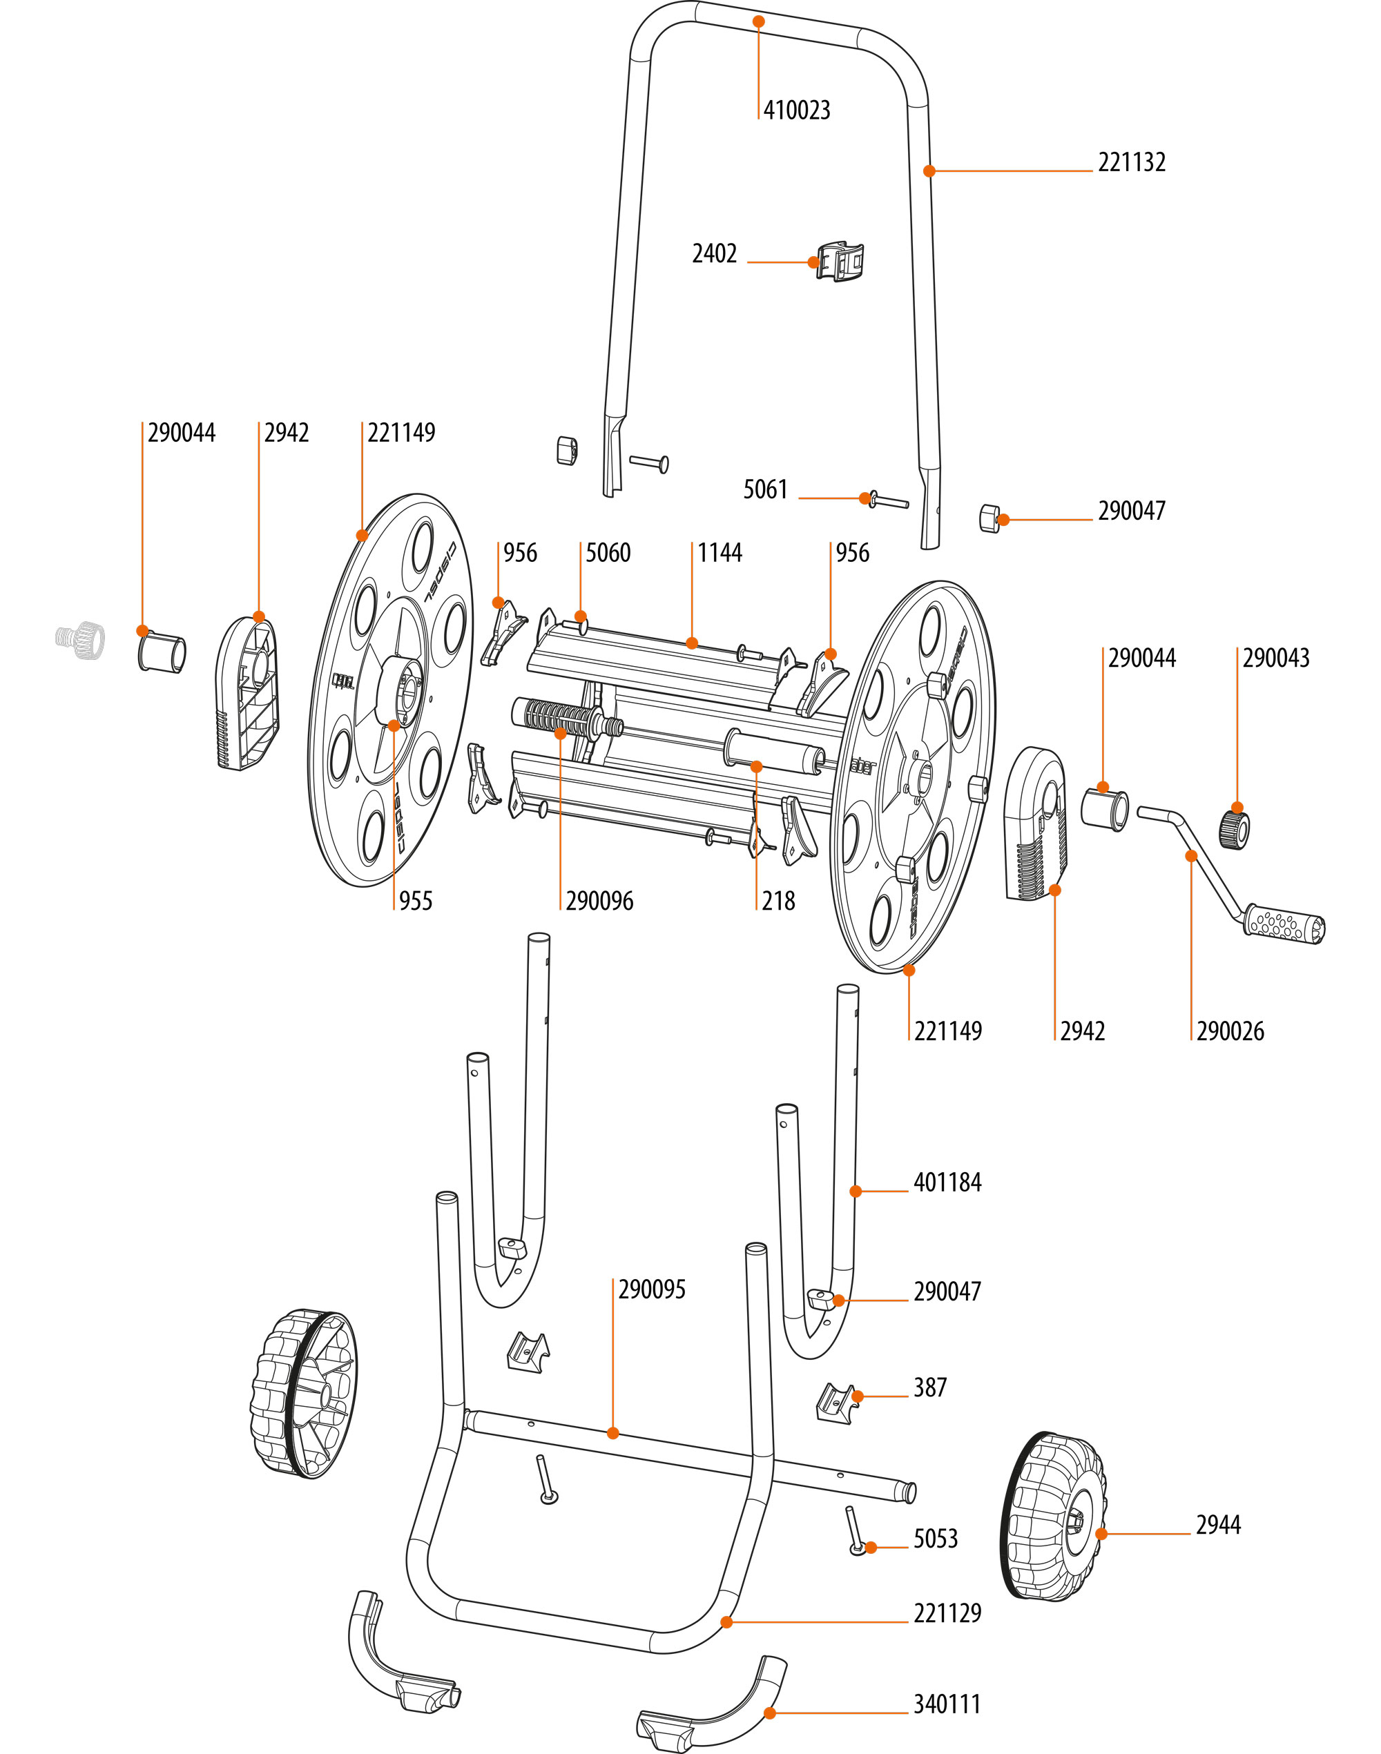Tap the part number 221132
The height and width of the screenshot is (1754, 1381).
click(1131, 162)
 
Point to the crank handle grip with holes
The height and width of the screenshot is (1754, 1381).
click(1284, 924)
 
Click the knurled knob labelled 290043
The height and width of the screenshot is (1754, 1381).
click(1234, 829)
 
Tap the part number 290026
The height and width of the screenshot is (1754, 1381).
click(1230, 1031)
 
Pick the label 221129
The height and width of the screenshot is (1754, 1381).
click(947, 1613)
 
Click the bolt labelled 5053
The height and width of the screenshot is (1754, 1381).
click(856, 1531)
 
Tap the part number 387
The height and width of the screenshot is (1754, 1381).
click(930, 1388)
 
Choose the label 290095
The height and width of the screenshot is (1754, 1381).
click(652, 1289)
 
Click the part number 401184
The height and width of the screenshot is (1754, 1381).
click(947, 1182)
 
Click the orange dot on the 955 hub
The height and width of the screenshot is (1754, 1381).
click(394, 725)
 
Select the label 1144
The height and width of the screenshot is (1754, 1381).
click(720, 553)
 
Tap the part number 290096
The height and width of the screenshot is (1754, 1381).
click(599, 902)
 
